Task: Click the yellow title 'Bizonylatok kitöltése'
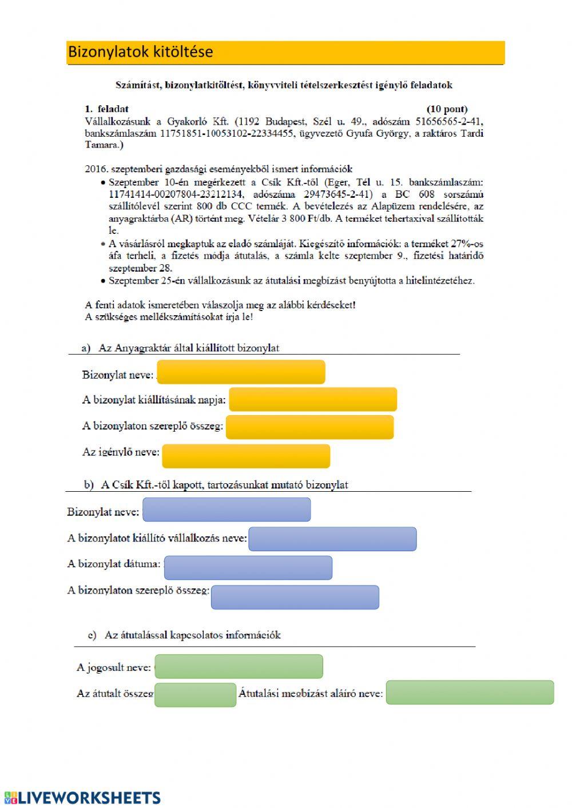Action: pos(141,52)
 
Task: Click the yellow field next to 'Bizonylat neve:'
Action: pos(241,372)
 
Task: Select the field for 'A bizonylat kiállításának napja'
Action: pos(313,399)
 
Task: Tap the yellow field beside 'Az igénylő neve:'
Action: pos(246,456)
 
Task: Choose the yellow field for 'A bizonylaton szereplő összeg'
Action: pos(309,427)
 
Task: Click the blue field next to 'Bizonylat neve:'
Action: pos(227,510)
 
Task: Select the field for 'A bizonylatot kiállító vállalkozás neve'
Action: pos(332,539)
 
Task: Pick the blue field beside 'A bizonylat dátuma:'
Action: pos(248,567)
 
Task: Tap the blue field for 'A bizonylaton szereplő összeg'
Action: pos(295,597)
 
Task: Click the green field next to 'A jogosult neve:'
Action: pos(239,667)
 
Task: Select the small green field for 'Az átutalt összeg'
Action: pos(195,695)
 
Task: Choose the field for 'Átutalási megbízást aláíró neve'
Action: pos(470,692)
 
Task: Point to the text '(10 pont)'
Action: pos(447,109)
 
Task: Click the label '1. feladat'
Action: pos(107,109)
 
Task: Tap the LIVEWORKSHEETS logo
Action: pos(82,798)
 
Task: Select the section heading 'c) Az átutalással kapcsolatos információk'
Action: pos(184,635)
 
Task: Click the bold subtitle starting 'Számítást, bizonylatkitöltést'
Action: pos(284,85)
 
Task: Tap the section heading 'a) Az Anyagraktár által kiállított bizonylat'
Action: pos(181,348)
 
